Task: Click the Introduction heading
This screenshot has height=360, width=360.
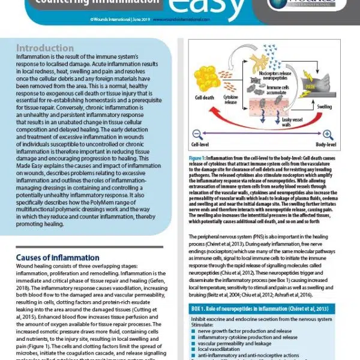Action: click(x=45, y=47)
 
